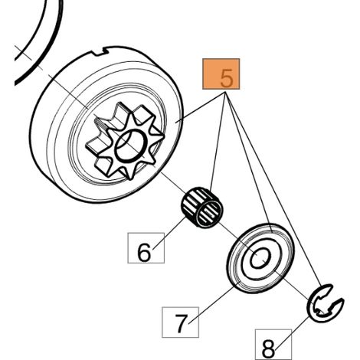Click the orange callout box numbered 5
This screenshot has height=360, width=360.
point(221,74)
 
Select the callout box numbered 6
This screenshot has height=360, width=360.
point(146,248)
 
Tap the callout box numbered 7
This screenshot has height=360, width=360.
point(180,322)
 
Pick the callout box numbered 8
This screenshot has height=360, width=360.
point(273,345)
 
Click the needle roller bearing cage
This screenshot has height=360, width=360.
point(201,207)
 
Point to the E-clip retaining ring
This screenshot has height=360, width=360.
point(325,303)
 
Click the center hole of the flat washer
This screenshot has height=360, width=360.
point(260,258)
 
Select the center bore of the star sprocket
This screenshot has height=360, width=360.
point(131,146)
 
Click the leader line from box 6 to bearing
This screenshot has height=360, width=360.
point(170,233)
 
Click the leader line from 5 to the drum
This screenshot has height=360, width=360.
point(201,107)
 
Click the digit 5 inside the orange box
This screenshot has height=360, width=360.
point(227,78)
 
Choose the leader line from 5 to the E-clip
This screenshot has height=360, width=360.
point(273,190)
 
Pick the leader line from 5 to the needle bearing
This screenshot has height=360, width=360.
point(218,142)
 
